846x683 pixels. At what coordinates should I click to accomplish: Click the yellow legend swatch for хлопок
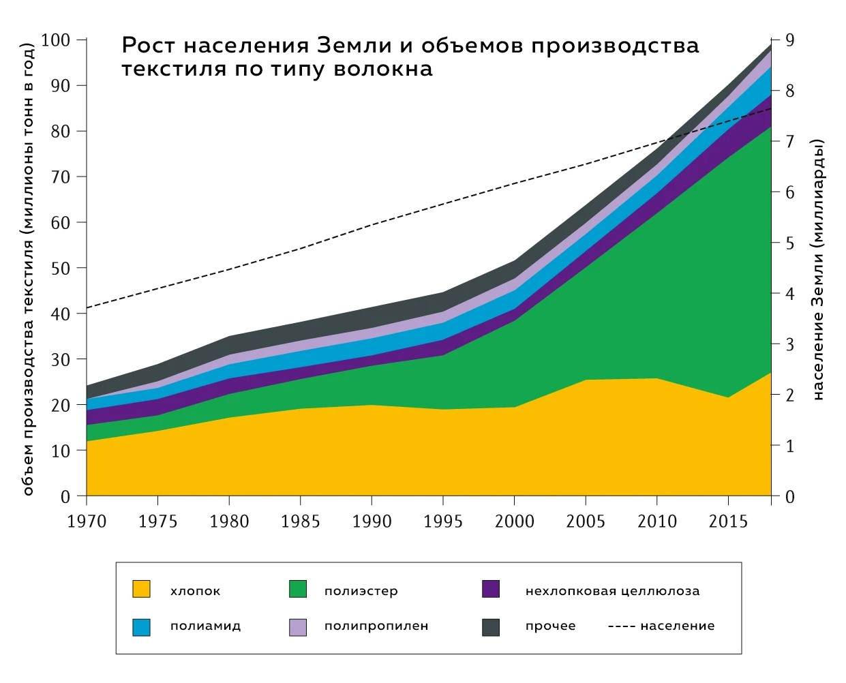pyautogui.click(x=141, y=590)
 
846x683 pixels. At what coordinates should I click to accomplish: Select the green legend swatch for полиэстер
pyautogui.click(x=298, y=590)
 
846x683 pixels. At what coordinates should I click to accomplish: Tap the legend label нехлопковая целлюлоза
pyautogui.click(x=612, y=591)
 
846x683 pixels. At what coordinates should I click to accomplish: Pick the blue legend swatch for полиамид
pyautogui.click(x=141, y=626)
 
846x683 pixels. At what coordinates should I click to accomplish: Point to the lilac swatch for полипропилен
pyautogui.click(x=298, y=626)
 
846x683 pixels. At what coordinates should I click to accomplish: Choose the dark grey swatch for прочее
pyautogui.click(x=491, y=626)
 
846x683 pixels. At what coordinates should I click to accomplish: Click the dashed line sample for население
pyautogui.click(x=620, y=626)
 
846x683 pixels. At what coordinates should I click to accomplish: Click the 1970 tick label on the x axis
pyautogui.click(x=87, y=522)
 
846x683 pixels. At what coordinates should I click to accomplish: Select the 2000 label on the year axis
pyautogui.click(x=515, y=522)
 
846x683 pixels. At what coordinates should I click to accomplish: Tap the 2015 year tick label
pyautogui.click(x=728, y=522)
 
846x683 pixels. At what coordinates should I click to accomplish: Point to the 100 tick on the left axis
pyautogui.click(x=55, y=40)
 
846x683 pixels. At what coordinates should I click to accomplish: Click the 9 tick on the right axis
pyautogui.click(x=789, y=40)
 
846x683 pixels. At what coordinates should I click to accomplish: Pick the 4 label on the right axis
pyautogui.click(x=789, y=294)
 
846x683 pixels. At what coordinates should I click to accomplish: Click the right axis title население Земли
pyautogui.click(x=818, y=269)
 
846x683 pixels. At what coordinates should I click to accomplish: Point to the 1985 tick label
pyautogui.click(x=301, y=522)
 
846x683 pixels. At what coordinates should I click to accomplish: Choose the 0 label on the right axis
pyautogui.click(x=789, y=497)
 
